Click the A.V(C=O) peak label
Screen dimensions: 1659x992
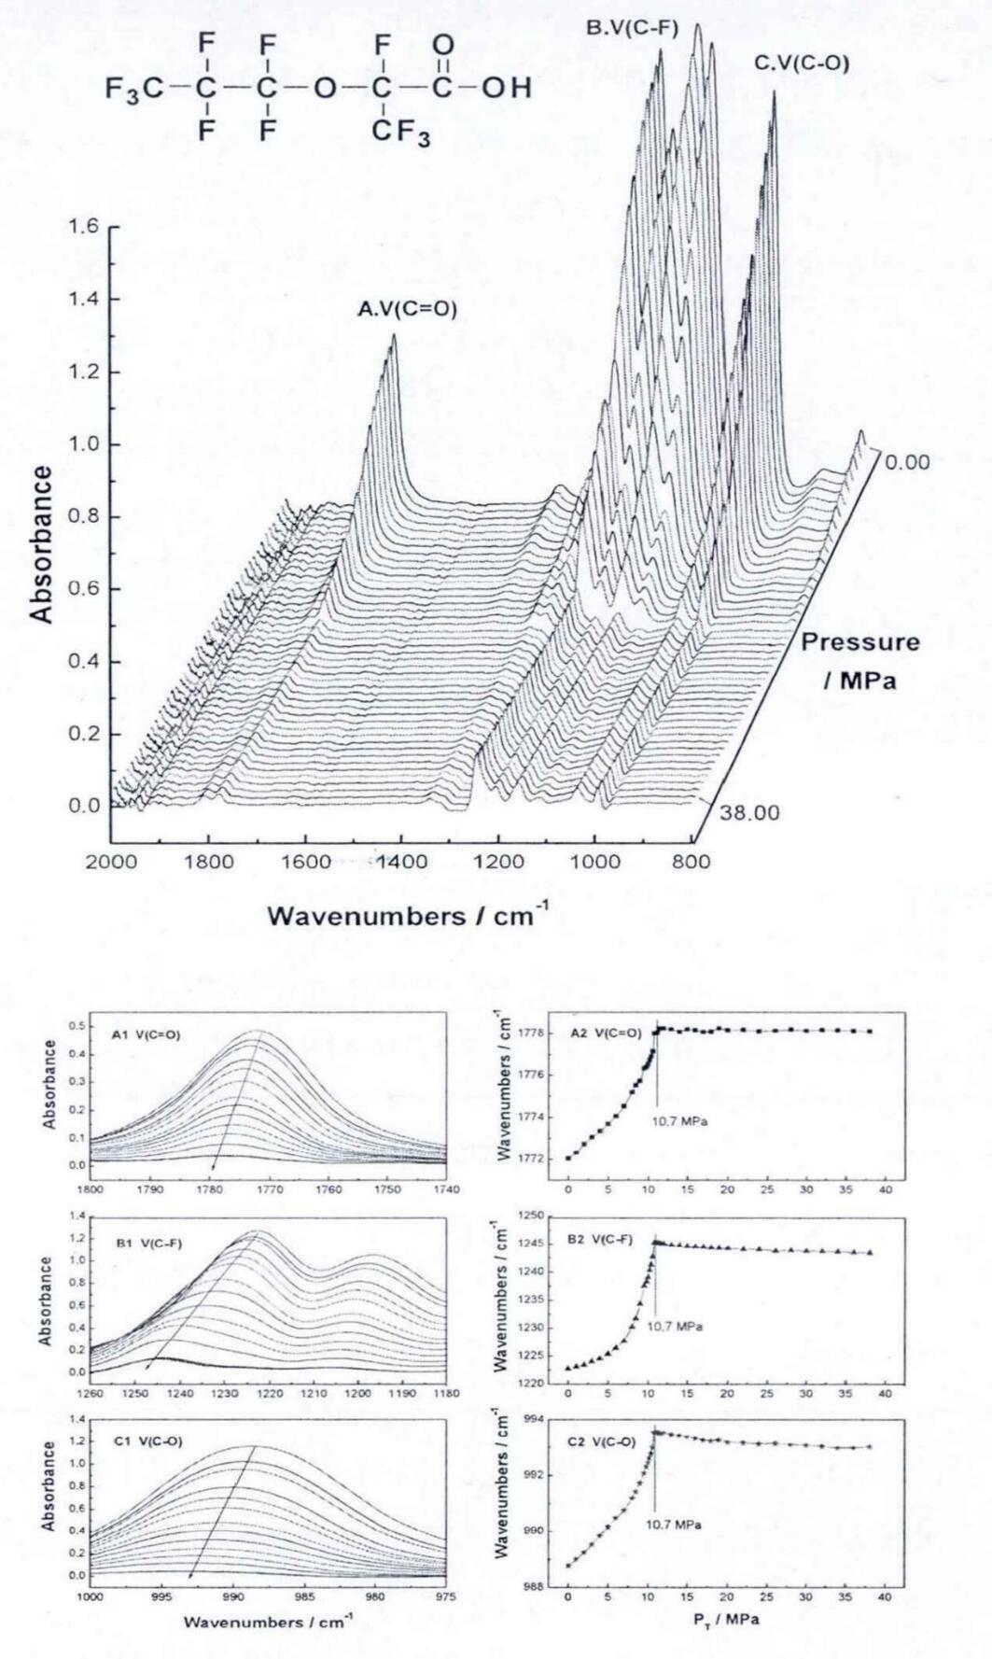point(408,309)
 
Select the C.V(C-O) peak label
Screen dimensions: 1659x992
point(802,63)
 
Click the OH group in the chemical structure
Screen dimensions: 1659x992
point(507,89)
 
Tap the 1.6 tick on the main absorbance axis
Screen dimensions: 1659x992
point(86,227)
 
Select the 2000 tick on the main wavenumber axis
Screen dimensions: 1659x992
point(112,862)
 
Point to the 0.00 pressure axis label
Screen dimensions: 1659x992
point(907,462)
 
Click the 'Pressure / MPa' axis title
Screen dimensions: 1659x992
point(859,661)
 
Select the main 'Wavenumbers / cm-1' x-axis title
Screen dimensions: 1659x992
point(409,916)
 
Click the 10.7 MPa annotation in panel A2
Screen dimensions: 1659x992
point(678,1120)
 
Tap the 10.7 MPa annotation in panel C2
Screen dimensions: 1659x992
point(673,1525)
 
